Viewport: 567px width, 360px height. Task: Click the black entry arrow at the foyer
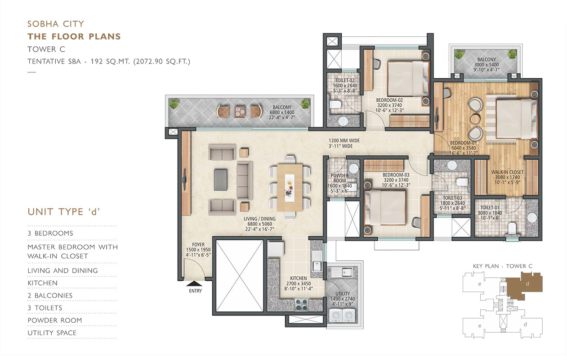(194, 283)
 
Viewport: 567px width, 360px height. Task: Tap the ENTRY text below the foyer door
(195, 291)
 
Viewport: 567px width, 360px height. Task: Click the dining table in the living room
(290, 188)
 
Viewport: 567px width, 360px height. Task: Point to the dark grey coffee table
(220, 180)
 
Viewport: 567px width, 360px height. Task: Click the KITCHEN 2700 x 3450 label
(299, 283)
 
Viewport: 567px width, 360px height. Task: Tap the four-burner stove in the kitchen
(301, 305)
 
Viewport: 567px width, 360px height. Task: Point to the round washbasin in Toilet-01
(532, 218)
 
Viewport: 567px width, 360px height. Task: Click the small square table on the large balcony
(239, 112)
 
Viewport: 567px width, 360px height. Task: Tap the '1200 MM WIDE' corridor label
(344, 140)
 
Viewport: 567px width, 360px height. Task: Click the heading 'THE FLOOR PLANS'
(74, 36)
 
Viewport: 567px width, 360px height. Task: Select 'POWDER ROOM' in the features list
(55, 320)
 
